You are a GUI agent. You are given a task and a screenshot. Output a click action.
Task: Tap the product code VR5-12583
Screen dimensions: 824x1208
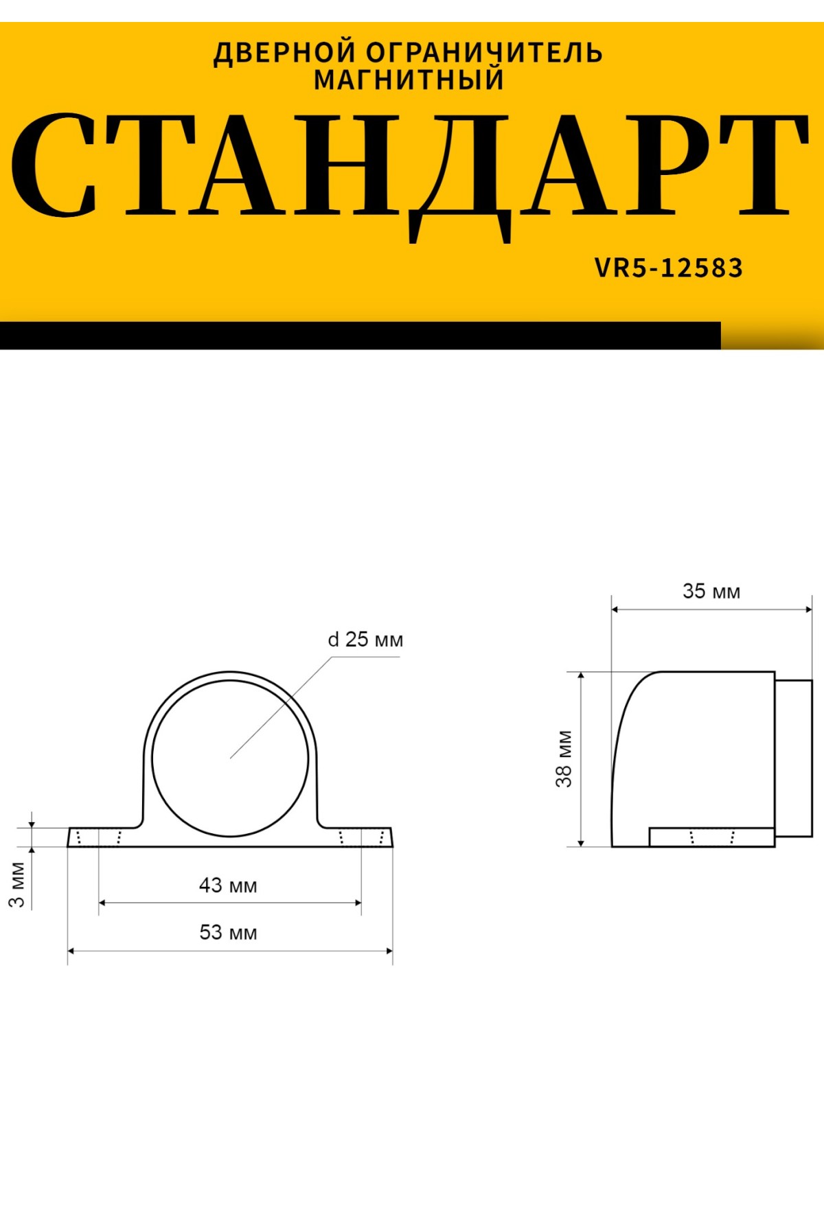(669, 268)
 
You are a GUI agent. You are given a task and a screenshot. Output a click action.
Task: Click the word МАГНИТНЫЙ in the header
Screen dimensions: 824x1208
(409, 80)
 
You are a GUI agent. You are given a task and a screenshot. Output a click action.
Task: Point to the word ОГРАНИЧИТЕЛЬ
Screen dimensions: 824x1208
(485, 53)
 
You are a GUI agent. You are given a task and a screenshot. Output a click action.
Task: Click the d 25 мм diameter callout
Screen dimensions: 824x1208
(365, 640)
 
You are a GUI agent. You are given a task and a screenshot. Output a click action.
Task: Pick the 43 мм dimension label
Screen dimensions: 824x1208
(228, 885)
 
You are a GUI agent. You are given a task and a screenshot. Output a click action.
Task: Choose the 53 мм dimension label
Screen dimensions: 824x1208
(228, 933)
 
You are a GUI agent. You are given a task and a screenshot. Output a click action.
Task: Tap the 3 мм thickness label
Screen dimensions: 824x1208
(17, 885)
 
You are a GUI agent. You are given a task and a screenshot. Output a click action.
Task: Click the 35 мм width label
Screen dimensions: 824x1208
(711, 591)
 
